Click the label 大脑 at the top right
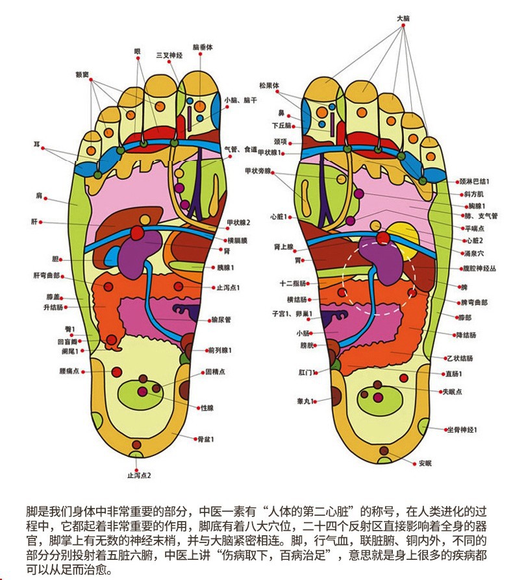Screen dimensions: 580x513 pyautogui.click(x=403, y=19)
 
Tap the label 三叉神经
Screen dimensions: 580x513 pyautogui.click(x=169, y=55)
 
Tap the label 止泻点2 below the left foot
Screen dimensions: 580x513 pyautogui.click(x=139, y=475)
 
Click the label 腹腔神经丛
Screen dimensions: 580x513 pyautogui.click(x=478, y=267)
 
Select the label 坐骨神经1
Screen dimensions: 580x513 pyautogui.click(x=463, y=430)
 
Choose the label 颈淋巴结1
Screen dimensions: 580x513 pyautogui.click(x=474, y=182)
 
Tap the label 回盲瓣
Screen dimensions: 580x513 pyautogui.click(x=67, y=341)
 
